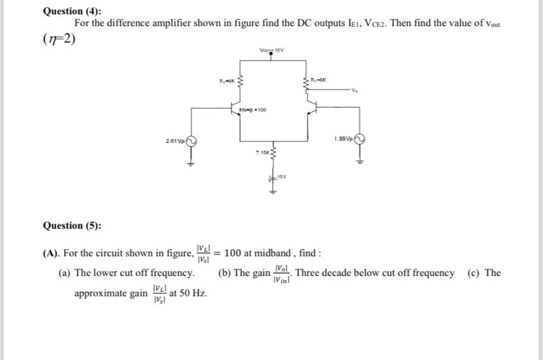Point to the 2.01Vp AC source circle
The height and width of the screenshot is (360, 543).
[x=191, y=140]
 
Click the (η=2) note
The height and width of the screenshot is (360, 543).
[x=60, y=38]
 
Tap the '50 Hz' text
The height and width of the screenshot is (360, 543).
[x=193, y=292]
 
